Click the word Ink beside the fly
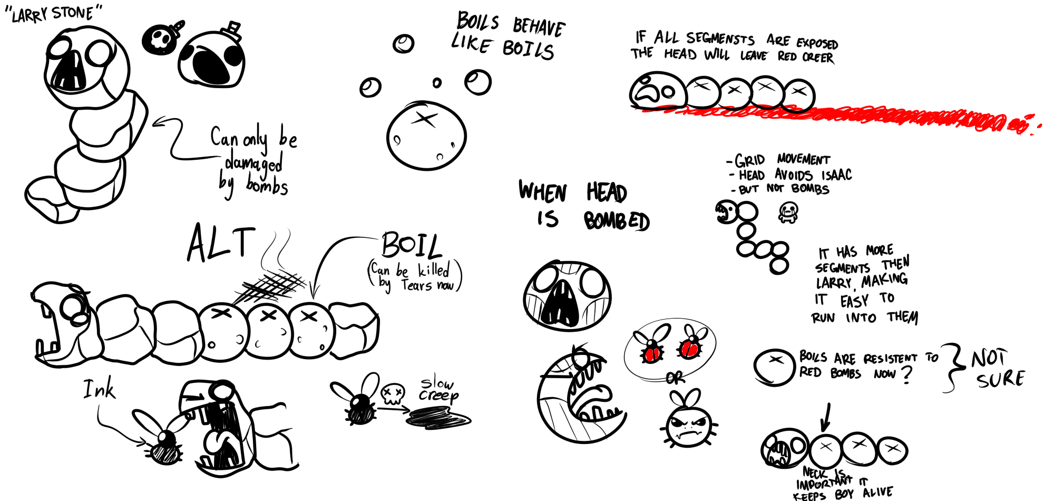(x=99, y=390)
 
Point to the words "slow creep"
(x=438, y=390)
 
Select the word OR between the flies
(x=675, y=378)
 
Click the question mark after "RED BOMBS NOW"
(x=906, y=374)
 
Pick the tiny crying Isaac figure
(x=788, y=213)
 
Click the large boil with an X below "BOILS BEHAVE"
(x=426, y=136)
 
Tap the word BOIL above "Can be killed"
(x=412, y=245)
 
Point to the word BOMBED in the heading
(x=617, y=221)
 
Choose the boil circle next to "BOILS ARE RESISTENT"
(x=774, y=367)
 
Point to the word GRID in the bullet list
(x=749, y=160)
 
